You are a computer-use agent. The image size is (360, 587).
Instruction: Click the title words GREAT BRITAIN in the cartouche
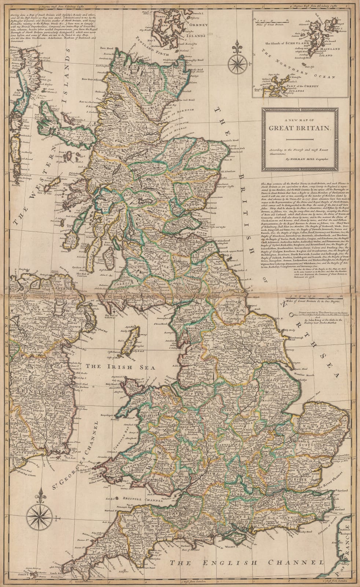(300, 128)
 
